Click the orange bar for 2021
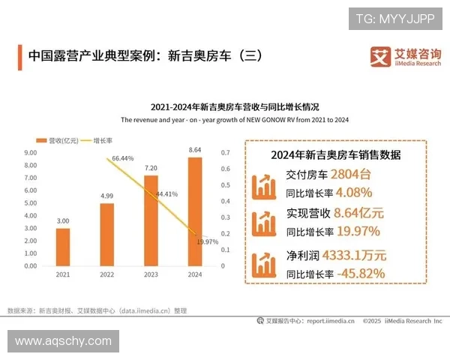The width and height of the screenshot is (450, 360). pyautogui.click(x=63, y=247)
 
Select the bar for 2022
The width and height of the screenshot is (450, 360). pyautogui.click(x=106, y=234)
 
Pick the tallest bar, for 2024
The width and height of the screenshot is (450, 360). pyautogui.click(x=194, y=211)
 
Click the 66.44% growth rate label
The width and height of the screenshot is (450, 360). pyautogui.click(x=122, y=159)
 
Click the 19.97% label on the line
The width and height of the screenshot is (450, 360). pyautogui.click(x=207, y=242)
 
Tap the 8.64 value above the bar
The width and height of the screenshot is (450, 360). pyautogui.click(x=194, y=150)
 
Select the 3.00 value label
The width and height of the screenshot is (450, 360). pyautogui.click(x=63, y=221)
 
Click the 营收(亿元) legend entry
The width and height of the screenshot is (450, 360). pyautogui.click(x=56, y=140)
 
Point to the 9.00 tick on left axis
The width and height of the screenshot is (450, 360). pyautogui.click(x=31, y=152)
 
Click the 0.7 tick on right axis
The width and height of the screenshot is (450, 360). pyautogui.click(x=225, y=152)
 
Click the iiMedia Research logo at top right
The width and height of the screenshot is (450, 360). pyautogui.click(x=406, y=57)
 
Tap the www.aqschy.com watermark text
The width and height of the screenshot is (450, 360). pyautogui.click(x=63, y=341)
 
